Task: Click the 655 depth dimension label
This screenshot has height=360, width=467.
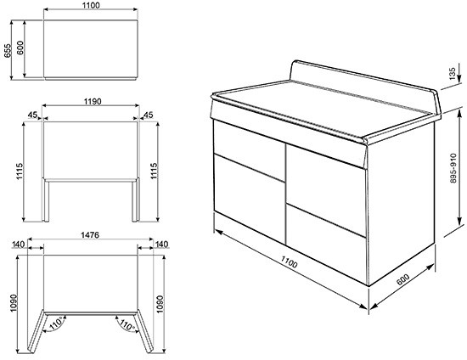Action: [7, 51]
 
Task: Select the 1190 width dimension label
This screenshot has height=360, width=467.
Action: [93, 102]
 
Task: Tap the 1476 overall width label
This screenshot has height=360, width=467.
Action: [90, 235]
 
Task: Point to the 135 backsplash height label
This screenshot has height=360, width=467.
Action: [452, 74]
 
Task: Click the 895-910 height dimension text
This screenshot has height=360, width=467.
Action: [453, 168]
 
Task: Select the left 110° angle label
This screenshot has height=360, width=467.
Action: [56, 323]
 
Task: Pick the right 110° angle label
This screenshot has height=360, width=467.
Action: [127, 324]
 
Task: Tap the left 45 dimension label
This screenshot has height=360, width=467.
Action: [32, 115]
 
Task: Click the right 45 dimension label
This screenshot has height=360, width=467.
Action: [148, 115]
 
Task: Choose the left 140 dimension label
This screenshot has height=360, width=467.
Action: [18, 245]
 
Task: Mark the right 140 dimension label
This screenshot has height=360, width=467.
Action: [161, 245]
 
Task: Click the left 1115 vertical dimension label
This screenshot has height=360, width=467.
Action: [20, 172]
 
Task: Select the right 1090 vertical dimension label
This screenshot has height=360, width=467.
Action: [160, 304]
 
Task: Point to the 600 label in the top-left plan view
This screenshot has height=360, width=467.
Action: [20, 48]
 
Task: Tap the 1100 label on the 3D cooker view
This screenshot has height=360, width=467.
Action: [289, 262]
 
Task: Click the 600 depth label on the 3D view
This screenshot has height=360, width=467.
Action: [403, 279]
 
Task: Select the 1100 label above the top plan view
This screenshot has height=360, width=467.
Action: [92, 5]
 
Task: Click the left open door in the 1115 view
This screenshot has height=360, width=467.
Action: [46, 200]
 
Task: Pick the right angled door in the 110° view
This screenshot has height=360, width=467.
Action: [143, 331]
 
